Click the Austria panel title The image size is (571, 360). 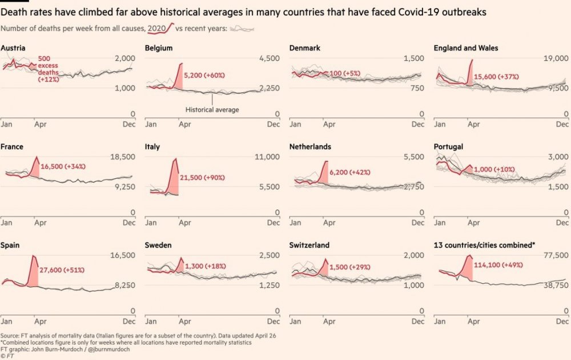13,48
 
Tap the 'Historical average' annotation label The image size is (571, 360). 212,110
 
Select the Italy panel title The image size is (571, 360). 152,147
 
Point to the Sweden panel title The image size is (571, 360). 159,245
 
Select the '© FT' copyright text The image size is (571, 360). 8,355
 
